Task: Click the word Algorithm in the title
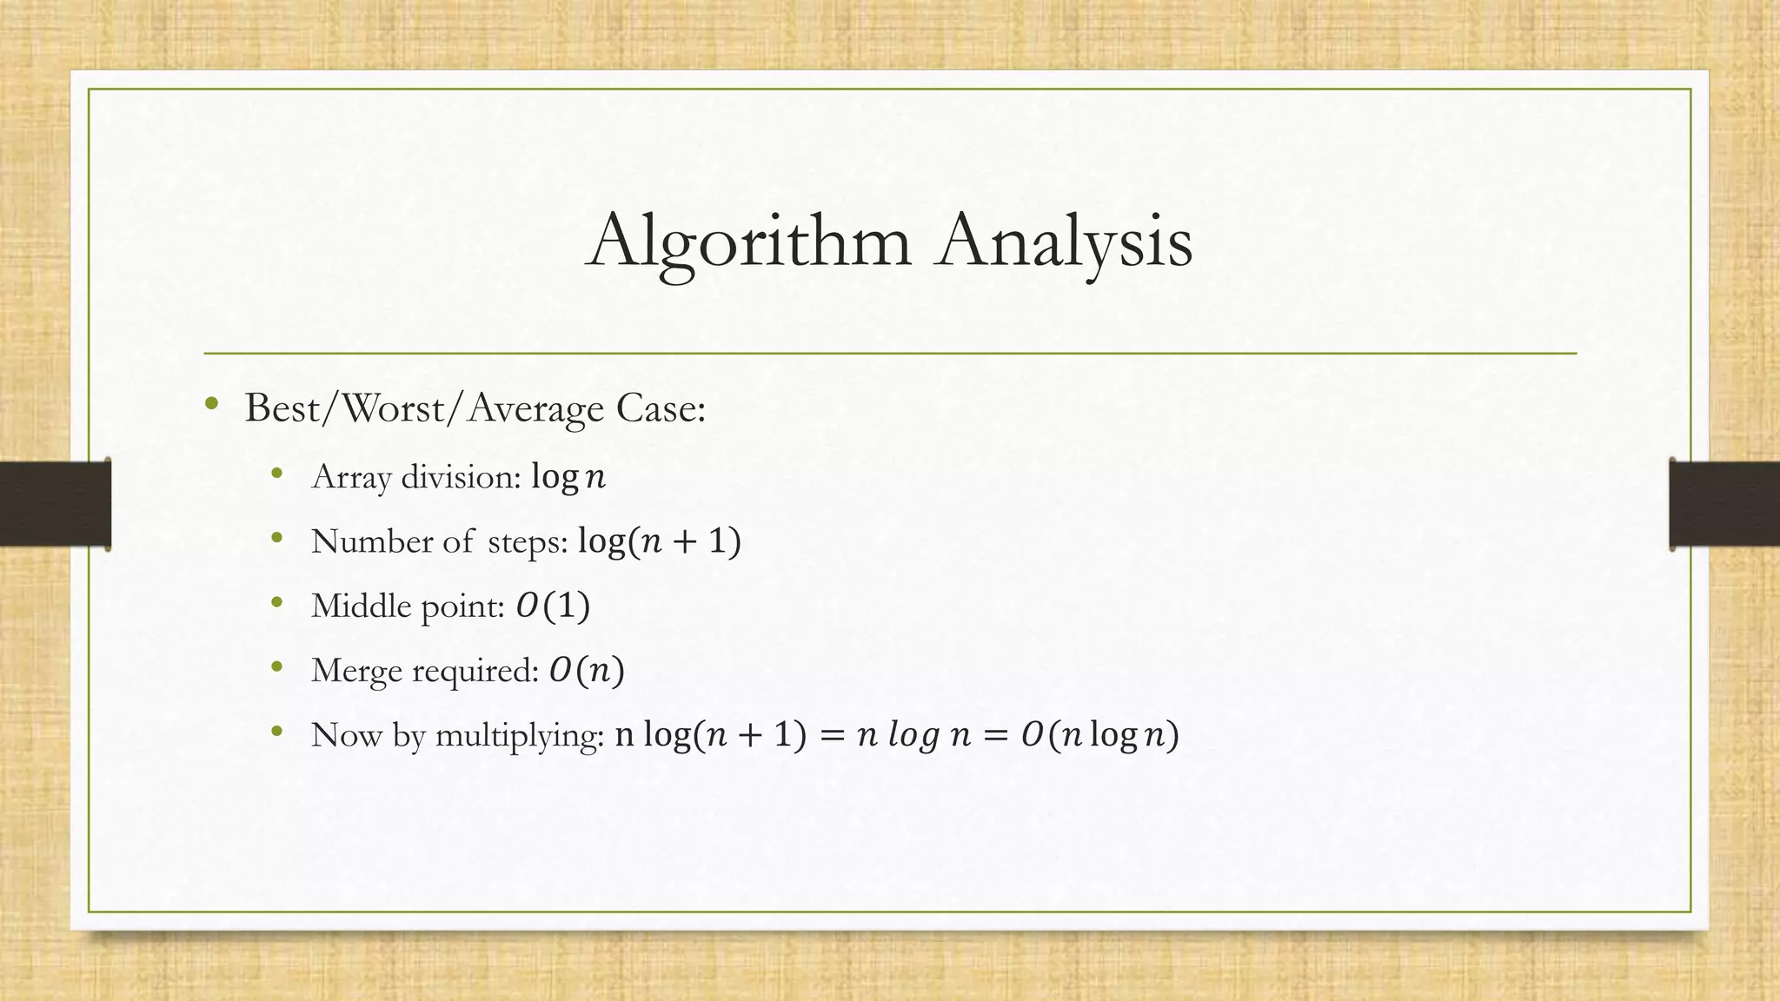[749, 242]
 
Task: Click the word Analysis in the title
[1064, 242]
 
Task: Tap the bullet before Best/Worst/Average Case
[211, 404]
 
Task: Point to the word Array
[351, 477]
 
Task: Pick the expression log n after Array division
[568, 476]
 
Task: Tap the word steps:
[528, 542]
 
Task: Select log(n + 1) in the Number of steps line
[660, 541]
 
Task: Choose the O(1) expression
[553, 606]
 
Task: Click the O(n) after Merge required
[587, 670]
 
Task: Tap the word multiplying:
[519, 735]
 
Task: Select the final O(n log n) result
[1100, 735]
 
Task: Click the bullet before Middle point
[277, 602]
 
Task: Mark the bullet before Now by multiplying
[277, 732]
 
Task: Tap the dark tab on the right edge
[1724, 504]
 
